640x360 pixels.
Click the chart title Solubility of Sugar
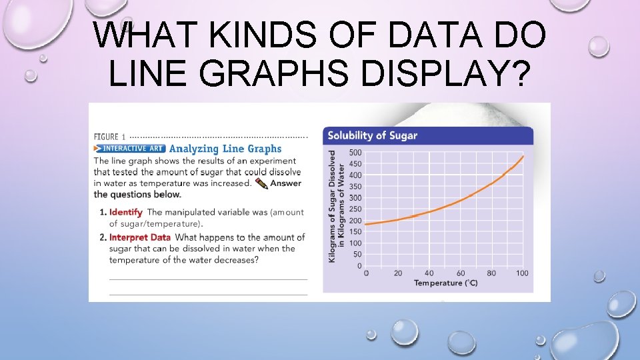(371, 135)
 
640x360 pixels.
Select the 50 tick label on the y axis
(357, 255)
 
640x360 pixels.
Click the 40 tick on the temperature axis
(429, 273)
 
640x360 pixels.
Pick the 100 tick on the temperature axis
(522, 273)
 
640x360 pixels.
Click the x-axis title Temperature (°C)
(445, 283)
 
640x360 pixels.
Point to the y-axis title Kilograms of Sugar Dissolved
(333, 205)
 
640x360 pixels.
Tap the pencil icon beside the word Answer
(261, 183)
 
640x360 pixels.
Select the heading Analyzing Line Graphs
(225, 149)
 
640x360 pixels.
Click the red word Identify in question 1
(126, 212)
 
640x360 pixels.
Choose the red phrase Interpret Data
(140, 237)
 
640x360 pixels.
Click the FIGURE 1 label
(109, 137)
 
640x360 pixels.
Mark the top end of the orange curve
(523, 157)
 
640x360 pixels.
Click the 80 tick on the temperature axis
(491, 273)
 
